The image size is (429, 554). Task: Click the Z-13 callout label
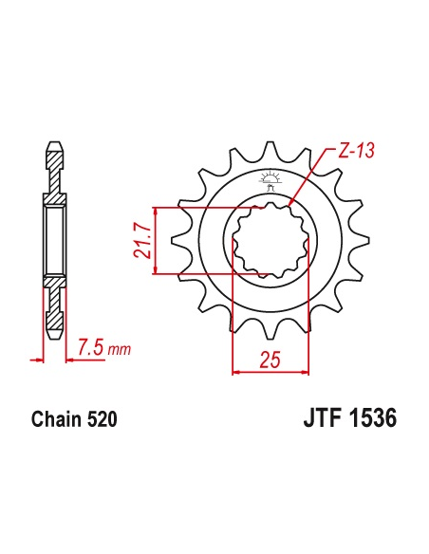tap(356, 151)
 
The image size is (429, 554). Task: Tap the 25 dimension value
tap(270, 360)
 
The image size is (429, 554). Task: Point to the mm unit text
tap(120, 350)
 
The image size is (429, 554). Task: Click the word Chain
tap(57, 419)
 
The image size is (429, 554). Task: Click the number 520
tap(102, 419)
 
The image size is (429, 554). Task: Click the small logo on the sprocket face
tap(270, 180)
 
